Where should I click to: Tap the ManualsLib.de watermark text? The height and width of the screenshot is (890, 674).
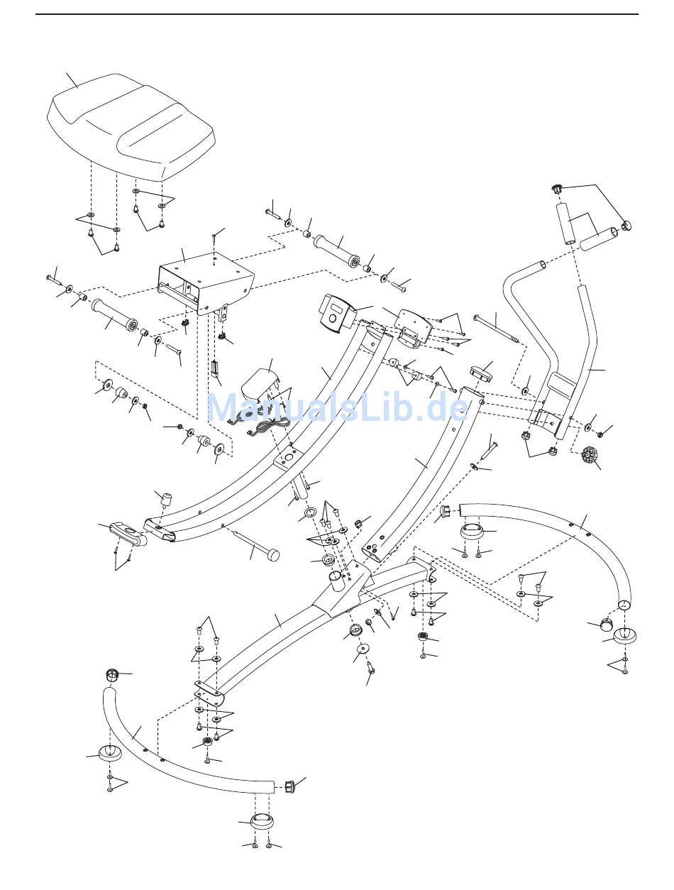[337, 408]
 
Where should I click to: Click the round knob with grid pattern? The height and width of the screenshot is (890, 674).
[590, 454]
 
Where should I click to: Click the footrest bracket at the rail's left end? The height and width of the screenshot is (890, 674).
[128, 532]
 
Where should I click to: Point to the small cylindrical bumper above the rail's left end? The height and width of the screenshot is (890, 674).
[168, 499]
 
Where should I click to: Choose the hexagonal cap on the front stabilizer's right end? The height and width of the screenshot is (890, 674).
[289, 786]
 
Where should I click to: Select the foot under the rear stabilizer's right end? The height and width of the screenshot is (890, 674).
[624, 634]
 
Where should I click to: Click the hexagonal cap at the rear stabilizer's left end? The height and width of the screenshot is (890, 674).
[446, 510]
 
